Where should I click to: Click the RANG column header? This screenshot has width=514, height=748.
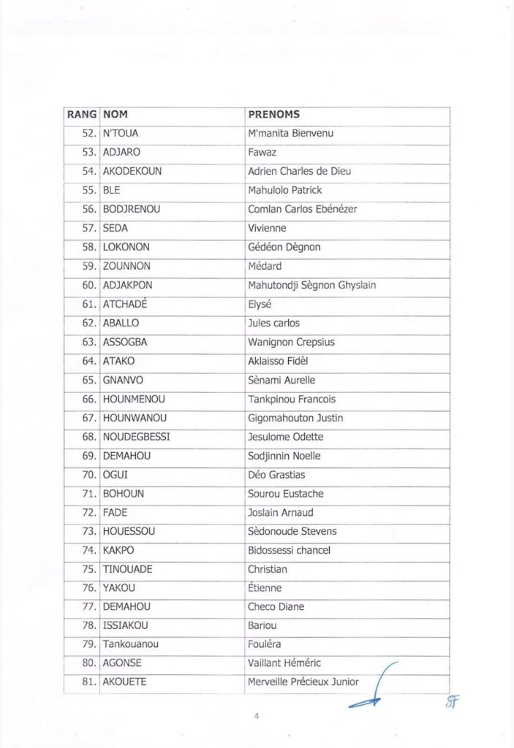click(x=81, y=115)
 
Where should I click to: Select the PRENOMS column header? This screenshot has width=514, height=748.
click(x=274, y=115)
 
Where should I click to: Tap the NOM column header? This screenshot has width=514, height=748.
click(x=116, y=115)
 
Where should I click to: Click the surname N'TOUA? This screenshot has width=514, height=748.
click(x=121, y=134)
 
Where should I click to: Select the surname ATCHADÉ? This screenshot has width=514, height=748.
click(x=127, y=304)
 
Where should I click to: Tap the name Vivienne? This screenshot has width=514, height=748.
click(x=268, y=228)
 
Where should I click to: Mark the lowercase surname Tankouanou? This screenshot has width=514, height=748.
click(x=131, y=644)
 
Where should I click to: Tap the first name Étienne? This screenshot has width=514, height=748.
click(x=265, y=588)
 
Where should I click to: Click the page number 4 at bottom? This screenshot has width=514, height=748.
click(x=257, y=717)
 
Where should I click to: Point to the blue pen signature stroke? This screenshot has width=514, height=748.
click(x=374, y=690)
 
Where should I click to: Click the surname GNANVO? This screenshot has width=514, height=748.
click(x=123, y=380)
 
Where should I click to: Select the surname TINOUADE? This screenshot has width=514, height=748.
click(x=128, y=569)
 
